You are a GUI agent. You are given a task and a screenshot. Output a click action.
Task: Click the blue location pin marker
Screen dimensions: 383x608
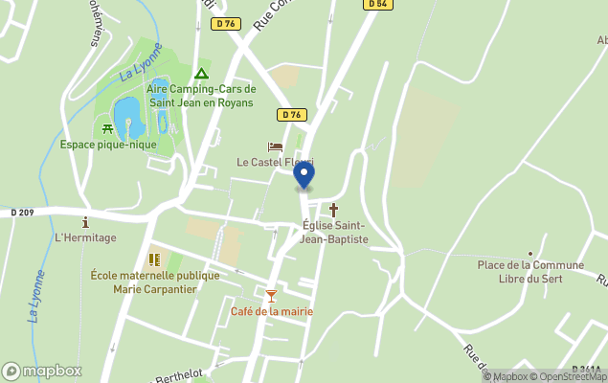pos(304,175)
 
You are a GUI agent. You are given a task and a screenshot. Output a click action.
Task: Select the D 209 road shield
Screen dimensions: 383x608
pos(23,212)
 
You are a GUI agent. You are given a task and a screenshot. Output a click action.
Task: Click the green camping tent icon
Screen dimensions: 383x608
pos(201,73)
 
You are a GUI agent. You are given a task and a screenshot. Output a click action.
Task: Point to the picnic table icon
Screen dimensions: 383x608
pos(107,129)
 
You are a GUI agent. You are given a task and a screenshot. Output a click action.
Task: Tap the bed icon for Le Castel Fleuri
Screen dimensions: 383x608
pos(276,146)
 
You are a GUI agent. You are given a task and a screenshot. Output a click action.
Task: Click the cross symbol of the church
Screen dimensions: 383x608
pos(334,209)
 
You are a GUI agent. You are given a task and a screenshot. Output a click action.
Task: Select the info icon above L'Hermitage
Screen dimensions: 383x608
pos(85,222)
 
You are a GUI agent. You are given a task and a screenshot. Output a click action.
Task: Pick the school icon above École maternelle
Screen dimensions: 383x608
pos(153,259)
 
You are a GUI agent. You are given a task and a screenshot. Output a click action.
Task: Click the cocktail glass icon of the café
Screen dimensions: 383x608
pos(271,296)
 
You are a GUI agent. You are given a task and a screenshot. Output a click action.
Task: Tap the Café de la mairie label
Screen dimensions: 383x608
pos(271,312)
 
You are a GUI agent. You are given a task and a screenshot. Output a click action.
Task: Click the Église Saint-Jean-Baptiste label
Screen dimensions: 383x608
pos(334,233)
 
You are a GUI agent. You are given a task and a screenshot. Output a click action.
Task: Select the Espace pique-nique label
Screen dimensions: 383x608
pos(107,146)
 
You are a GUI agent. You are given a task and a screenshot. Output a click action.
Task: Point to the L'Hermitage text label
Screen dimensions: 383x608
pos(85,237)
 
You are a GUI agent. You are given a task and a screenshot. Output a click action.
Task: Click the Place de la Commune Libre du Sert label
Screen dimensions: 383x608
pos(530,272)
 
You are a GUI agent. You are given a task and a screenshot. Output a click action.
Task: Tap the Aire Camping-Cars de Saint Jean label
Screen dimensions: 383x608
pos(201,96)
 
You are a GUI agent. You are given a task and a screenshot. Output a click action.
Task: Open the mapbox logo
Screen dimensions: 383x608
pos(42,371)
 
